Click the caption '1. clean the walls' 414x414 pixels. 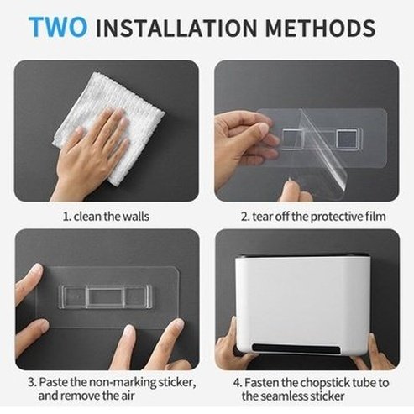pos(107,216)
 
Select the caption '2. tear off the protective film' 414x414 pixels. pos(313,216)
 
